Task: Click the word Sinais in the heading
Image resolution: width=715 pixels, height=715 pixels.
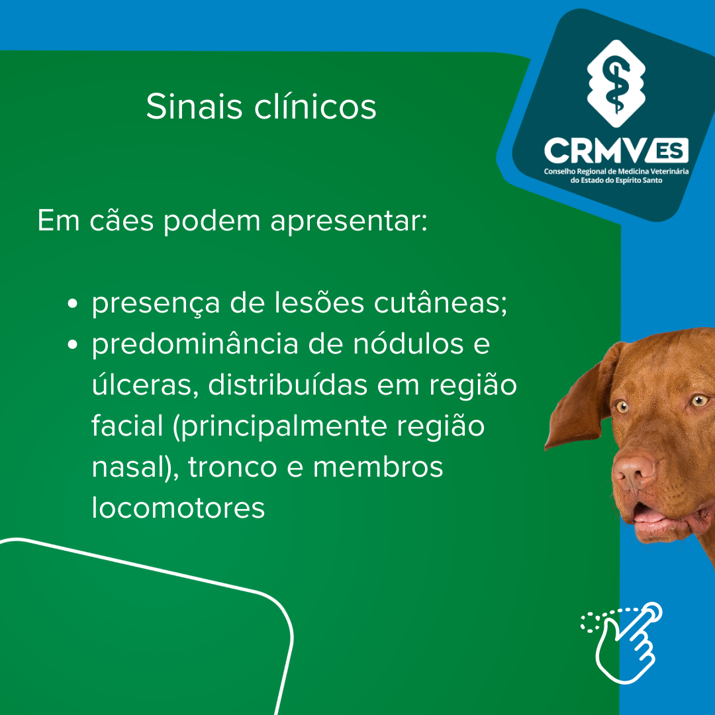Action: [194, 106]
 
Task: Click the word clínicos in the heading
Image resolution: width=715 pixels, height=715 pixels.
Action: [315, 106]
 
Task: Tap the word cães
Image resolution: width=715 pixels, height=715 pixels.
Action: [122, 221]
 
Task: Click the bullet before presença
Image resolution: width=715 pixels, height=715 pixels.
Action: [73, 303]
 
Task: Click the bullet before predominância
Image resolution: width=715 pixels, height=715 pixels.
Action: [73, 344]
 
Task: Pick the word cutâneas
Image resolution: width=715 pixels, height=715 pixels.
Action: [440, 303]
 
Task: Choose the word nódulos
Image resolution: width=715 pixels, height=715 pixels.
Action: [408, 344]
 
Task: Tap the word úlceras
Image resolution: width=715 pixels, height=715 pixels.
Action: [145, 385]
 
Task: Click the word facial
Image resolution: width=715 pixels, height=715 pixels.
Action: [127, 426]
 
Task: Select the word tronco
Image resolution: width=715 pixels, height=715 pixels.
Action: [232, 467]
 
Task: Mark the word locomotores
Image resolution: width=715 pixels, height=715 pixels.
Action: [178, 508]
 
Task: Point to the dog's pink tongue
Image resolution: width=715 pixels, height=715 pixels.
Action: [647, 515]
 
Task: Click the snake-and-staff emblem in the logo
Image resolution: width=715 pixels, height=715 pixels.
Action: [616, 83]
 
